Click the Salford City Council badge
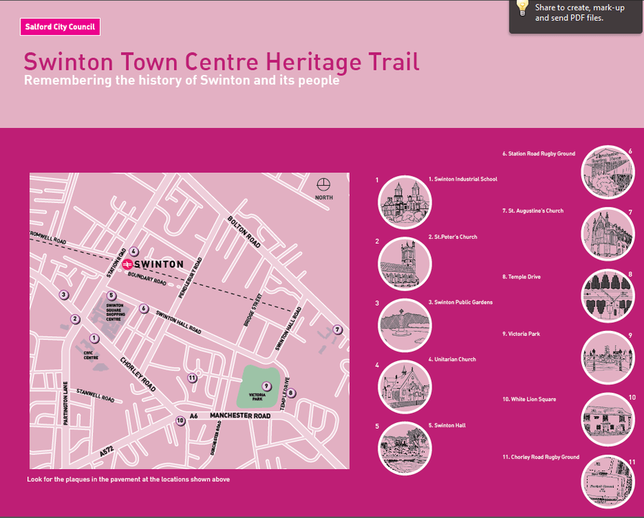pyautogui.click(x=60, y=27)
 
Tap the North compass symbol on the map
pyautogui.click(x=324, y=185)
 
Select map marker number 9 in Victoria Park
pyautogui.click(x=266, y=386)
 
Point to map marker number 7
pyautogui.click(x=337, y=330)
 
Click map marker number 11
pyautogui.click(x=191, y=378)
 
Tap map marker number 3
pyautogui.click(x=63, y=294)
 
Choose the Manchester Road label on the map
pyautogui.click(x=240, y=416)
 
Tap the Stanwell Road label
pyautogui.click(x=96, y=395)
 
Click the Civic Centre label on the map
pyautogui.click(x=91, y=355)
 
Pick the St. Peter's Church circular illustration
pyautogui.click(x=404, y=263)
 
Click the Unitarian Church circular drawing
pyautogui.click(x=404, y=386)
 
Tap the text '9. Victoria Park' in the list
pyautogui.click(x=521, y=335)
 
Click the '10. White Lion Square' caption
pyautogui.click(x=529, y=399)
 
